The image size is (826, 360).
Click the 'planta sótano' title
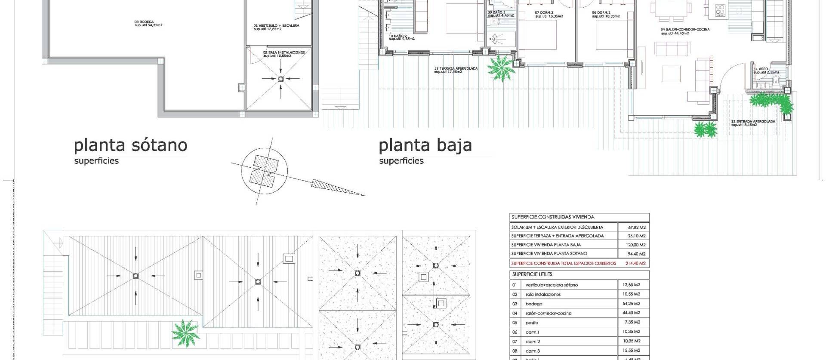(130, 145)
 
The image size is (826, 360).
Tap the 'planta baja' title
(425, 145)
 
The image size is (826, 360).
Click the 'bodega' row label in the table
(533, 304)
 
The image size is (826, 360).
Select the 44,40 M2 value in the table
(631, 313)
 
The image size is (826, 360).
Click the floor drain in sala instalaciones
(281, 79)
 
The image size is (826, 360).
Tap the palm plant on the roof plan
(185, 332)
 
